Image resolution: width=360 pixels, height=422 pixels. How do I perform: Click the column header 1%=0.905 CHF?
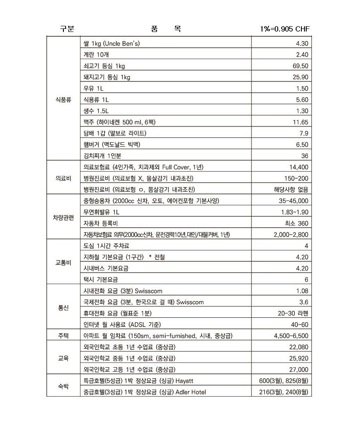click(284, 29)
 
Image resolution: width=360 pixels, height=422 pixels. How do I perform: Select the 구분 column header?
click(67, 29)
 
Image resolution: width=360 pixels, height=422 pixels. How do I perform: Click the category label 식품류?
click(64, 100)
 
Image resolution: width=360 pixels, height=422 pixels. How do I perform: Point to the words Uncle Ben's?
click(122, 44)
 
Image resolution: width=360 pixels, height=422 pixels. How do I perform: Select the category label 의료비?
click(64, 178)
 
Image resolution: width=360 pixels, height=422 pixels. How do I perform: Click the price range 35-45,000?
click(294, 201)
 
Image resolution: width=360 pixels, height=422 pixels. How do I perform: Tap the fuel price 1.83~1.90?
click(294, 212)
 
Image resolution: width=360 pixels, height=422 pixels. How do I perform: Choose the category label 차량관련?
click(64, 218)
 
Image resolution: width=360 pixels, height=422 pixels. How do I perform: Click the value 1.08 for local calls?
click(301, 291)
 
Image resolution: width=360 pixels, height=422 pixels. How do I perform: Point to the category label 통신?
click(64, 308)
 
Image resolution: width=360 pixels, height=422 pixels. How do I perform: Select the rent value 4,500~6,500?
click(291, 336)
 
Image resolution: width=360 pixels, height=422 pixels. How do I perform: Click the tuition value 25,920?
click(299, 359)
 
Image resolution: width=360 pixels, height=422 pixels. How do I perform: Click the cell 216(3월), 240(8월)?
click(283, 392)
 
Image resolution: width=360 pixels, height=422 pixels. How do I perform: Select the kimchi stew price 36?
click(304, 156)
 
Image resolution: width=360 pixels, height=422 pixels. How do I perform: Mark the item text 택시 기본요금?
click(101, 279)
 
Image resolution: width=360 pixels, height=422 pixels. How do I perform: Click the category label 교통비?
click(64, 263)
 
